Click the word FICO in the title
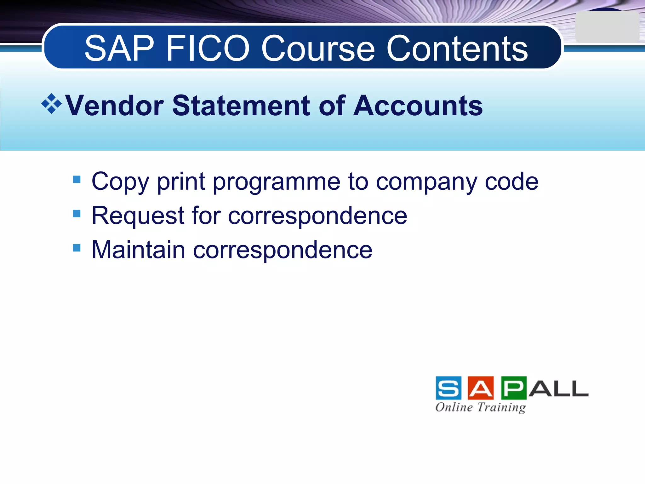pos(208,49)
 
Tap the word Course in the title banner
pos(318,49)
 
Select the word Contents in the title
pos(457,49)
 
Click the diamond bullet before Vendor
pos(51,104)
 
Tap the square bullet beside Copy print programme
pos(77,180)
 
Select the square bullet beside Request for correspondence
pos(77,214)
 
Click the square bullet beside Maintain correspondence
pos(77,248)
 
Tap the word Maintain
pos(138,250)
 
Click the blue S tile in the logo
pos(448,388)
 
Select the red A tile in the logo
pos(481,388)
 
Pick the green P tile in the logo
pos(513,388)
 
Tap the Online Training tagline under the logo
pos(481,407)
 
